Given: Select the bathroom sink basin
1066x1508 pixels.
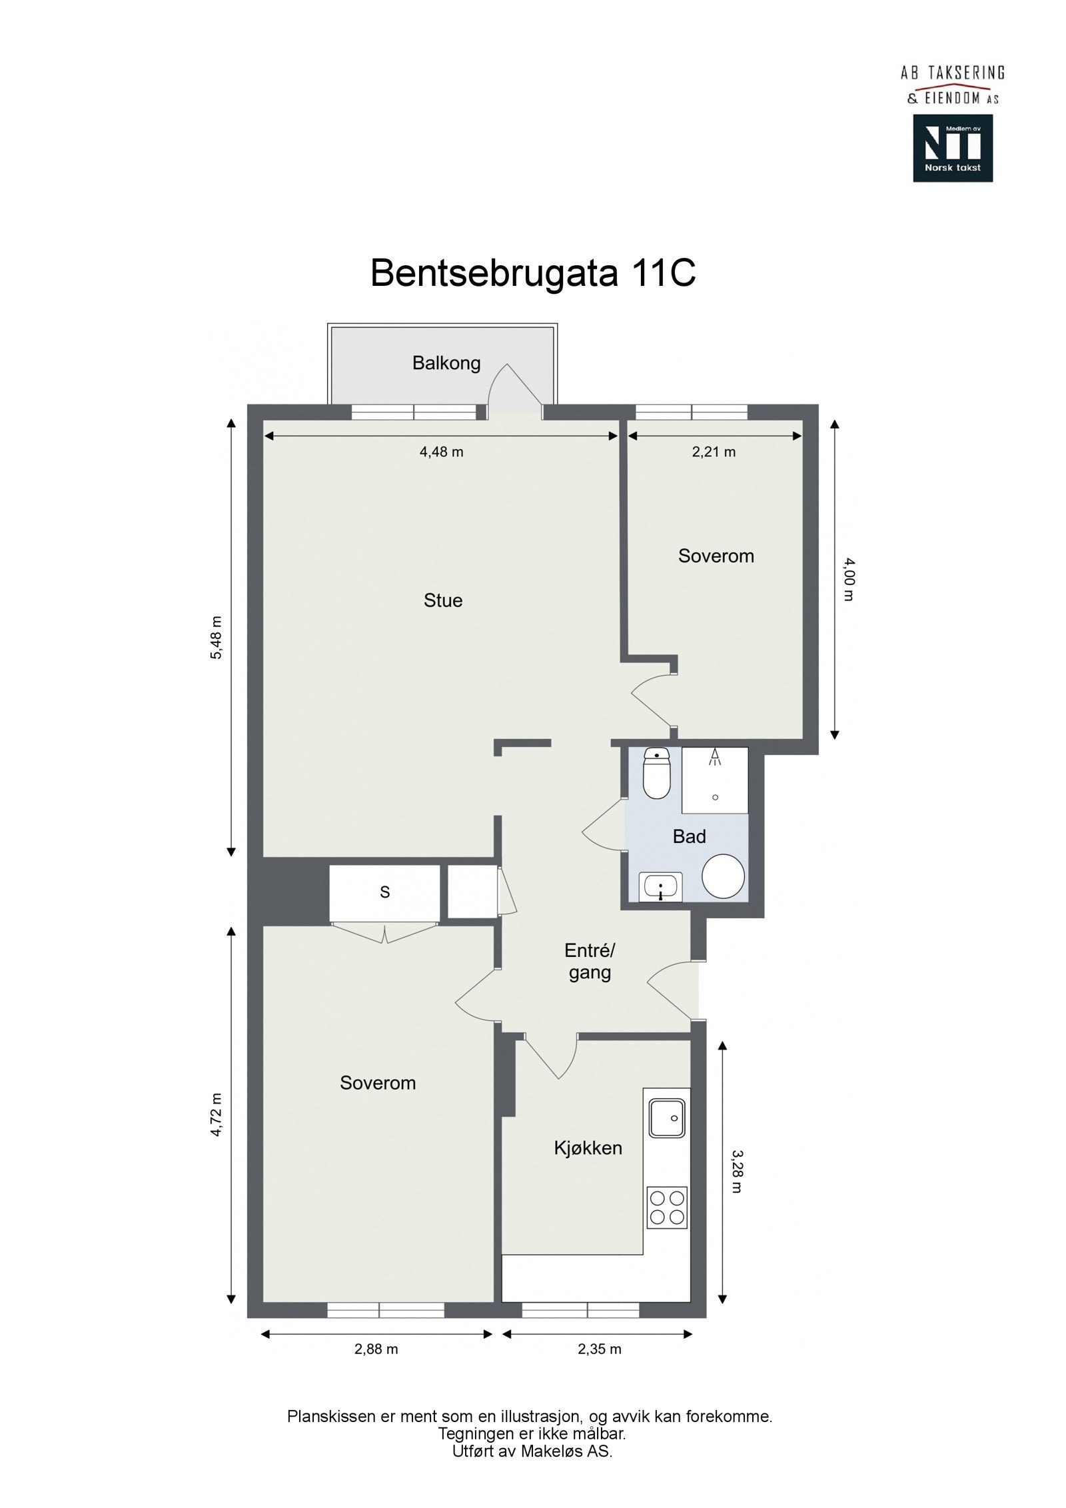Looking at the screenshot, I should pyautogui.click(x=660, y=887).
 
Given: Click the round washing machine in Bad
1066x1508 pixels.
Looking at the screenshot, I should pyautogui.click(x=723, y=876).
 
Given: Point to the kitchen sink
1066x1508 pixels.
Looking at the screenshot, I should pyautogui.click(x=667, y=1118).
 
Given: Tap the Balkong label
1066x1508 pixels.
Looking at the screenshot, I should pyautogui.click(x=446, y=363).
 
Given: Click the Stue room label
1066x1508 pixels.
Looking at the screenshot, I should pyautogui.click(x=443, y=600).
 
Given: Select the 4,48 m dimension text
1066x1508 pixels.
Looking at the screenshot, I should pyautogui.click(x=441, y=452).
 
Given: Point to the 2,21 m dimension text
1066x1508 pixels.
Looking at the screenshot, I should pyautogui.click(x=714, y=452).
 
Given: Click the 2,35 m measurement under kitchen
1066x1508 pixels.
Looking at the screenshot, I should pyautogui.click(x=599, y=1349).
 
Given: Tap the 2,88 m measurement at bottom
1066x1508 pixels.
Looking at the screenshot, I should pyautogui.click(x=376, y=1349).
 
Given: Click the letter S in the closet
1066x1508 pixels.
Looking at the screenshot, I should pyautogui.click(x=384, y=892).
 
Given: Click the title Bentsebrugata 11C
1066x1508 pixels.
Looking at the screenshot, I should pyautogui.click(x=533, y=273).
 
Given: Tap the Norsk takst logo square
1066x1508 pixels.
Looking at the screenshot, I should pyautogui.click(x=953, y=148).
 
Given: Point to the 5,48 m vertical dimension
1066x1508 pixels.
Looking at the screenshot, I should pyautogui.click(x=217, y=638).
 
